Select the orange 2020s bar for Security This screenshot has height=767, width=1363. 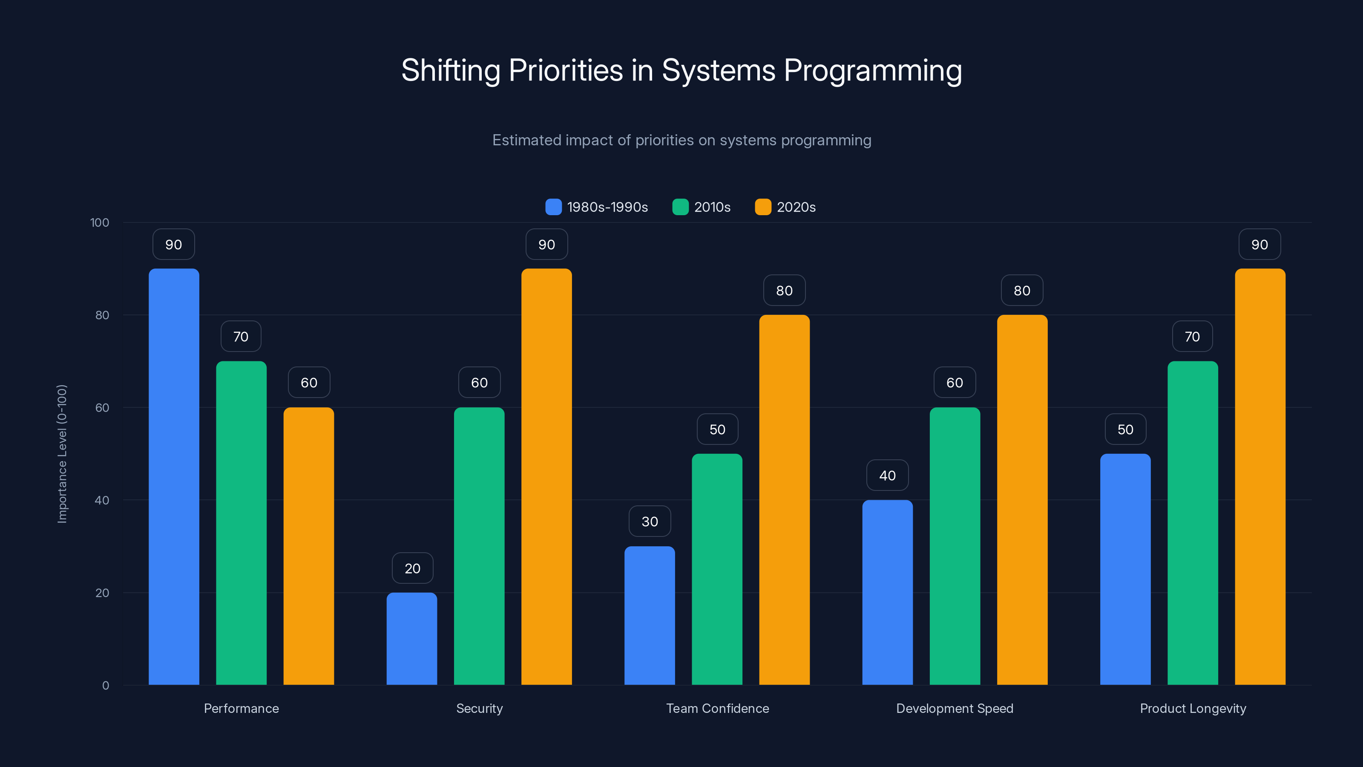(x=546, y=476)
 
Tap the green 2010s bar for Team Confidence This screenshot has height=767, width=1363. (x=717, y=569)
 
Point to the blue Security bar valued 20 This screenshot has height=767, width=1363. (x=411, y=638)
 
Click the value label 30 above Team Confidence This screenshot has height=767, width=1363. (x=650, y=522)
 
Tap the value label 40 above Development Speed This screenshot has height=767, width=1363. (x=887, y=476)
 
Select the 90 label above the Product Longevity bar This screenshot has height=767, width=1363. (x=1259, y=245)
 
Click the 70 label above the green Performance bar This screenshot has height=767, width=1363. (x=241, y=337)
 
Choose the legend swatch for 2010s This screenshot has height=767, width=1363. (x=680, y=207)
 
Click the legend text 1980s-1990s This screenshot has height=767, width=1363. (x=607, y=207)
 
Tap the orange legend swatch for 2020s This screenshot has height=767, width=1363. (x=762, y=207)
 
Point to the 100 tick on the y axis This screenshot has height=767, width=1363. (x=100, y=222)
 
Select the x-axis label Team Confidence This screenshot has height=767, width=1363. (x=717, y=708)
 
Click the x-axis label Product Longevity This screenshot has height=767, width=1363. (x=1193, y=708)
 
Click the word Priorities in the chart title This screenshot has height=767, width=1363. (x=565, y=70)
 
